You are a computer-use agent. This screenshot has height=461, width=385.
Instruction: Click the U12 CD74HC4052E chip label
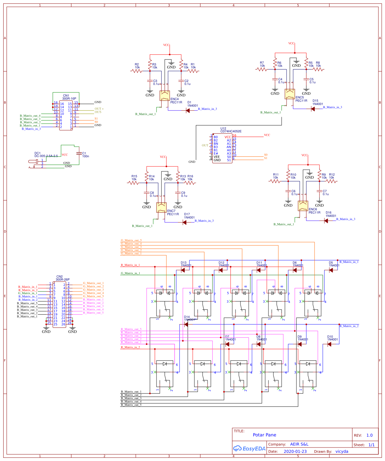(x=231, y=130)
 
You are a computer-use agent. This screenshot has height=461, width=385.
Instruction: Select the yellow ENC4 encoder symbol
(x=165, y=95)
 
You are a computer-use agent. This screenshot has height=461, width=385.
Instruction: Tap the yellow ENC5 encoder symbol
(x=290, y=94)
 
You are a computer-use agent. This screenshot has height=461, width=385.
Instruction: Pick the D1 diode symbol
(x=188, y=111)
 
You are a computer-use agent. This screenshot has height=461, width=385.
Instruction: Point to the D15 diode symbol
(x=313, y=109)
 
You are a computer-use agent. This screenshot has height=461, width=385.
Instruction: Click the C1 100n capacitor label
(x=85, y=155)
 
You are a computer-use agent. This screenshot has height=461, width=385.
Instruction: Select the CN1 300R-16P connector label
(x=69, y=97)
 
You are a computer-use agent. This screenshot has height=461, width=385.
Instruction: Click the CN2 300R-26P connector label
(x=62, y=278)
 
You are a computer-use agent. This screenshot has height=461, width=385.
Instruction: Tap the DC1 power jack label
(x=46, y=155)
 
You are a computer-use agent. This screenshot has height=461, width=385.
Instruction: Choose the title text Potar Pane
(x=264, y=435)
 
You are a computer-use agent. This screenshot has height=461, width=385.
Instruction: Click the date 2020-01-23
(x=295, y=451)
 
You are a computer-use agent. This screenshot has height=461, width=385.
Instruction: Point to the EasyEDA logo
(x=249, y=448)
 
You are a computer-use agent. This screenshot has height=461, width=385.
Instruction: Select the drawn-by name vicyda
(x=342, y=451)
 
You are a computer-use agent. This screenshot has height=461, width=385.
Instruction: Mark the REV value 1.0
(x=370, y=435)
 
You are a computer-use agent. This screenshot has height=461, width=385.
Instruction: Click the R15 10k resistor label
(x=134, y=178)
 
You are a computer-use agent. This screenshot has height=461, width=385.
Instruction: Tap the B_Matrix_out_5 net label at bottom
(x=131, y=405)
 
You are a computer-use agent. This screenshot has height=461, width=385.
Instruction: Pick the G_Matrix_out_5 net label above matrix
(x=131, y=241)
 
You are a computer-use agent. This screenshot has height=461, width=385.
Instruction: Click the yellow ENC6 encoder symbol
(x=303, y=206)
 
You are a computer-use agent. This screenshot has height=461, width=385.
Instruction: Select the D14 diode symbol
(x=186, y=324)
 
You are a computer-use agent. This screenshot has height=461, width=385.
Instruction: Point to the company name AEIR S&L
(x=299, y=444)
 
